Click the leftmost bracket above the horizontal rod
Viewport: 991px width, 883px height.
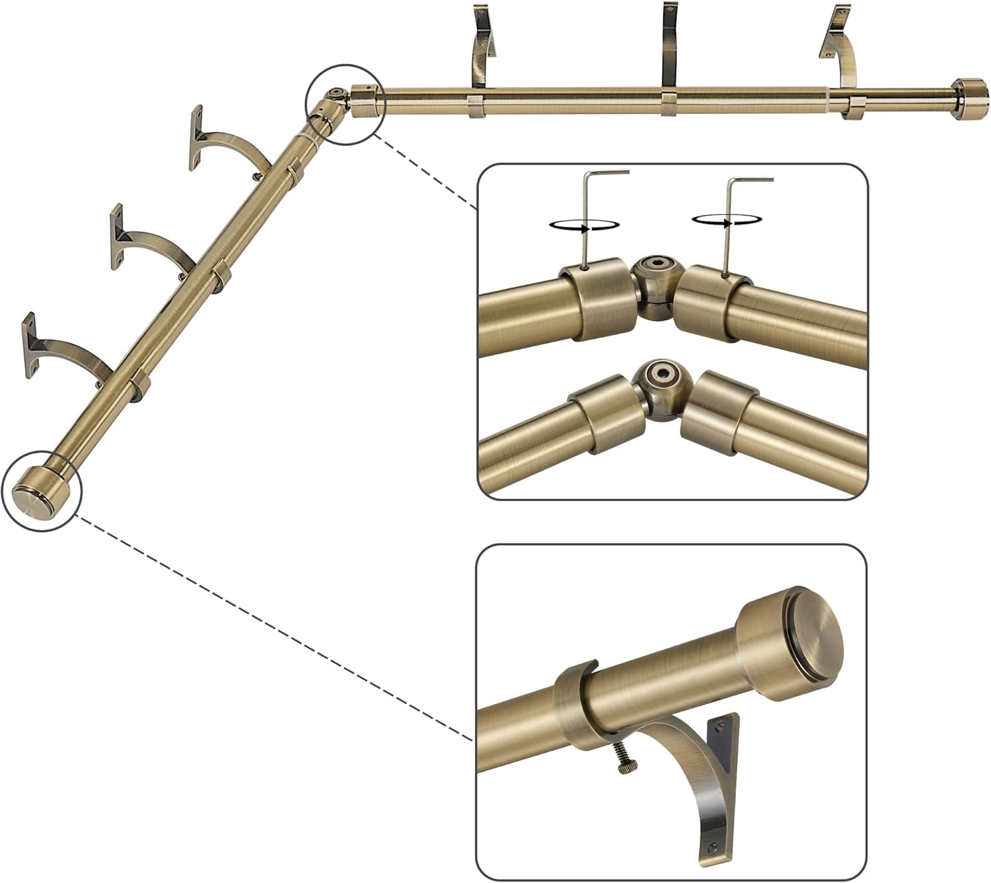(x=483, y=46)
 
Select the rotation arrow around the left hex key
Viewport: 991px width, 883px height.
(x=585, y=225)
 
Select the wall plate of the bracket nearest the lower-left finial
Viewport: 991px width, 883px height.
(x=29, y=345)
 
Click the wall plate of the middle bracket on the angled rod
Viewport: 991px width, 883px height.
(x=116, y=236)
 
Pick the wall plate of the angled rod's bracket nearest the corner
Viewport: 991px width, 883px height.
(x=196, y=137)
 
